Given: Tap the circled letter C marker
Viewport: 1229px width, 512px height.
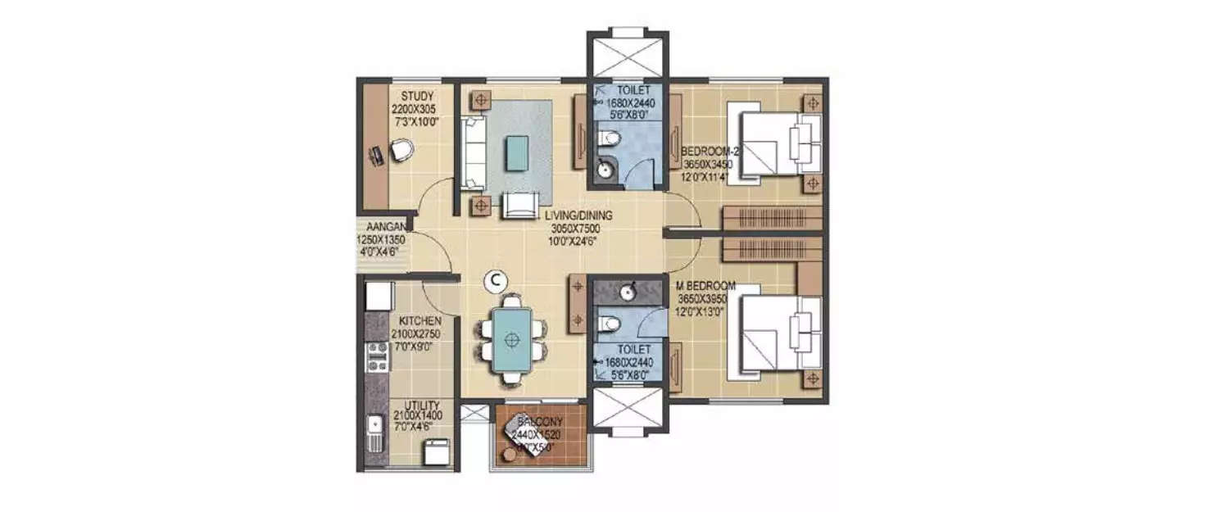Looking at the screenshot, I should [x=494, y=280].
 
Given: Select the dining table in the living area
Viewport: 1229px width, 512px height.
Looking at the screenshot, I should [x=513, y=338].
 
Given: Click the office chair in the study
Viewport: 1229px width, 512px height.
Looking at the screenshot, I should [x=398, y=150].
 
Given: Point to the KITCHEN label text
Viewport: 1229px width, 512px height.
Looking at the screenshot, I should [x=420, y=321].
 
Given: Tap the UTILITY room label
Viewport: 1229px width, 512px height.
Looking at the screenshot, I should [x=422, y=406].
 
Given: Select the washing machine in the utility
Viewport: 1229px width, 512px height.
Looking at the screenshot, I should [x=436, y=451].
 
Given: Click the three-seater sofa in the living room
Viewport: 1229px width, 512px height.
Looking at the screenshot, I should [x=474, y=152].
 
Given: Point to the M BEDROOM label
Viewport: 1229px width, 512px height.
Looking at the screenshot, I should [x=705, y=286].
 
